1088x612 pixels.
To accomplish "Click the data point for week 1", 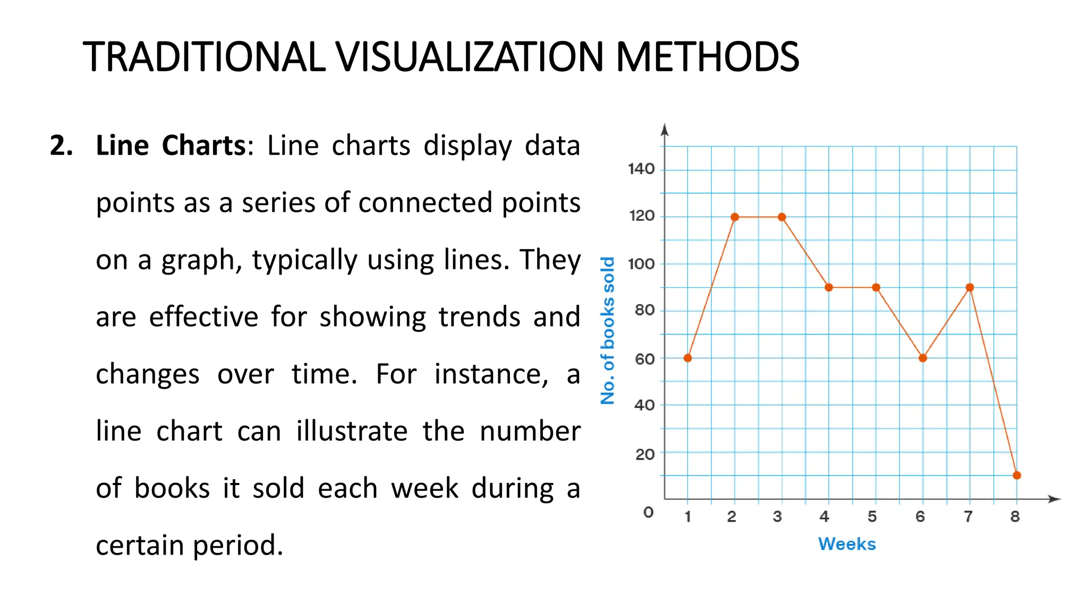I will coord(687,358).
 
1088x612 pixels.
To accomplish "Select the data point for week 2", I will coord(735,217).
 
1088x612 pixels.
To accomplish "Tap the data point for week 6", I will coord(923,358).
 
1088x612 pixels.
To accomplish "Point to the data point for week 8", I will coord(1017,475).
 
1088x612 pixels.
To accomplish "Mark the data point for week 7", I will coord(970,287).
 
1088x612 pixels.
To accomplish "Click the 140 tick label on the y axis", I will coord(641,169).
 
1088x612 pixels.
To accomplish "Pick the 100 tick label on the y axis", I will coord(641,263).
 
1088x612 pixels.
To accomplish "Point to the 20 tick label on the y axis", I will coord(644,454).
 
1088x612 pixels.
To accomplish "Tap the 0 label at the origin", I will coord(648,512).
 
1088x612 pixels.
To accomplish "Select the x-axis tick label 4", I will coord(824,516).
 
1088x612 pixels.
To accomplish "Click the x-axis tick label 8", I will coord(1015,516).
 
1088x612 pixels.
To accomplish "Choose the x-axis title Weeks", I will coord(847,544).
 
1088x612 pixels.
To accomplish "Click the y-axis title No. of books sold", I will coord(607,330).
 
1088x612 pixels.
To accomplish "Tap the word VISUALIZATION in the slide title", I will coord(470,57).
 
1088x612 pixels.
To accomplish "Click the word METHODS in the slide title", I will coord(707,57).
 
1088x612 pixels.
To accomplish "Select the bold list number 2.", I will coord(61,146).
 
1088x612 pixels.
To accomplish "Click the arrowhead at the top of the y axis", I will coord(665,129).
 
